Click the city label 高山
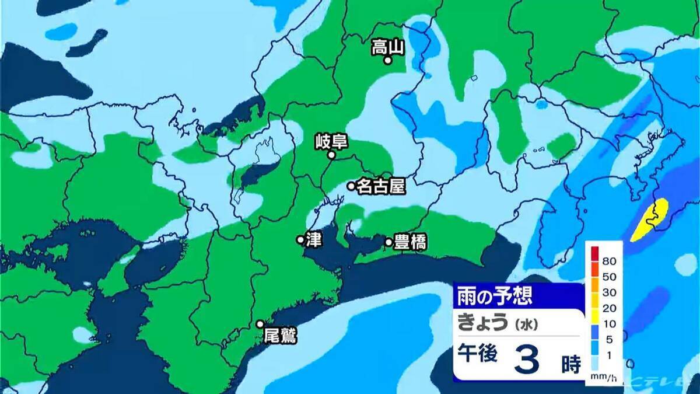[x=387, y=47]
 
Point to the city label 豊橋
[x=409, y=242]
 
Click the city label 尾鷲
[x=280, y=336]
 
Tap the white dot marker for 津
[x=300, y=239]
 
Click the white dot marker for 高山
[x=387, y=60]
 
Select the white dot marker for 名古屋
[x=351, y=186]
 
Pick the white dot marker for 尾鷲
[x=260, y=324]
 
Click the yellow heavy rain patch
[x=651, y=221]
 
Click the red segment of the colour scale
[x=594, y=253]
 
